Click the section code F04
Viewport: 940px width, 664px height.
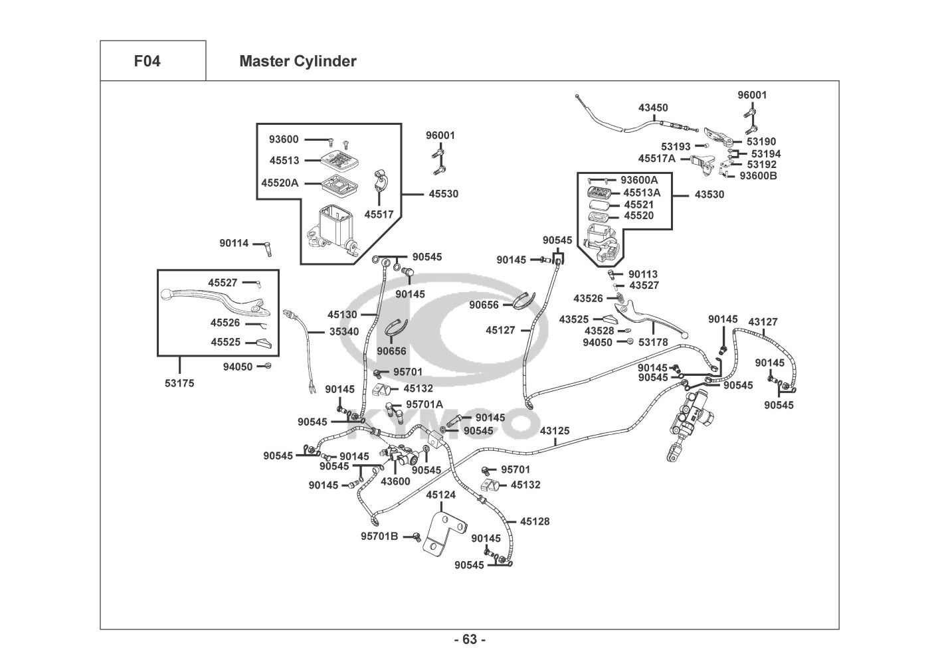coord(147,62)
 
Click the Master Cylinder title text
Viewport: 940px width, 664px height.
coord(298,62)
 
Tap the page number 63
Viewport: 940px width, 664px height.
coord(470,639)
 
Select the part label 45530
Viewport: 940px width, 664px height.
coord(443,194)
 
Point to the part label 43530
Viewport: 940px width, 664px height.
coord(709,195)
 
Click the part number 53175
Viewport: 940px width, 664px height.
coord(179,383)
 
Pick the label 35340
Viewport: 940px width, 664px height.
coord(344,331)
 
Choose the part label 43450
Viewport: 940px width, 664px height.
coord(653,108)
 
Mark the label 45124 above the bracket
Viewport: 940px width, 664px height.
coord(440,495)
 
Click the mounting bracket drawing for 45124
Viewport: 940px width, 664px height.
coord(441,534)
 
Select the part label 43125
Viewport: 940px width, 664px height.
coord(554,431)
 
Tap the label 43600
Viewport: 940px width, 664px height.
coord(395,481)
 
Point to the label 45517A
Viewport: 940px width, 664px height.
coord(656,159)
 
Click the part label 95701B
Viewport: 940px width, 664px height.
coord(379,536)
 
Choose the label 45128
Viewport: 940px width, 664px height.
coord(535,522)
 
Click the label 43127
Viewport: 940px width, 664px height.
coord(763,322)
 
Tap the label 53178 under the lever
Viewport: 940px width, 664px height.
coord(653,342)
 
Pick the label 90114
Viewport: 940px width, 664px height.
coord(234,243)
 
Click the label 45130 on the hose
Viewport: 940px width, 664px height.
coord(342,315)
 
